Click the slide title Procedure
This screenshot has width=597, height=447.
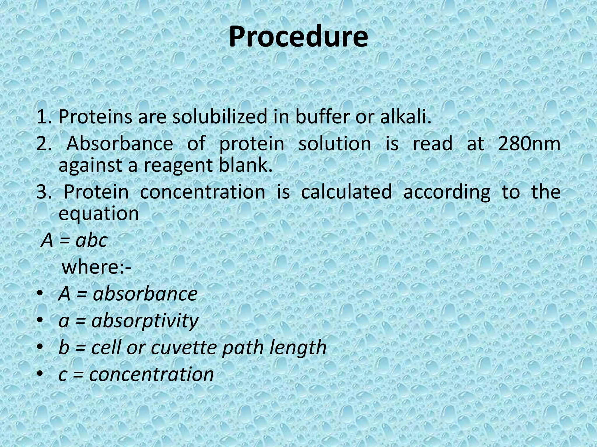[298, 37]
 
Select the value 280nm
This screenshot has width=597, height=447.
[529, 144]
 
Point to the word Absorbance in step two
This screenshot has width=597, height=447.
[120, 144]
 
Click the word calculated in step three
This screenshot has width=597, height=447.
[346, 192]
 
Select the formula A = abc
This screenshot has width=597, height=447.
[75, 241]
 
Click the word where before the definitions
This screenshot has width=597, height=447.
[93, 267]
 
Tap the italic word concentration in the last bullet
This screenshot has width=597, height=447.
[152, 374]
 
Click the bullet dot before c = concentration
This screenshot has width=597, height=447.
[40, 373]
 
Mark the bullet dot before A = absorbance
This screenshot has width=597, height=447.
[40, 293]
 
